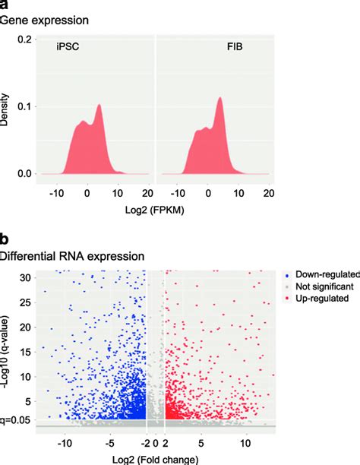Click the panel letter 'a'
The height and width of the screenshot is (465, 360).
5,5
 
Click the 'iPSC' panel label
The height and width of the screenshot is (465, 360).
68,47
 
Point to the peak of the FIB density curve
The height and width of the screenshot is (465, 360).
219,97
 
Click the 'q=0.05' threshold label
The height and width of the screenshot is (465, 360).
16,419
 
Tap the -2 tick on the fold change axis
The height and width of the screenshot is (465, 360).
144,441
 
